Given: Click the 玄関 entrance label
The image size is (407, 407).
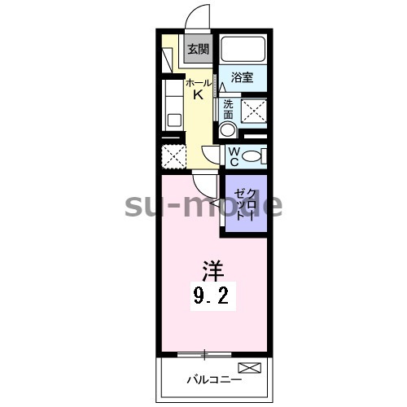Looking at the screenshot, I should (x=198, y=49).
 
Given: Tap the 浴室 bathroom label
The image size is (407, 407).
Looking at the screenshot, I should (x=241, y=79).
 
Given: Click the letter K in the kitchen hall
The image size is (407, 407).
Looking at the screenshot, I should (x=197, y=95).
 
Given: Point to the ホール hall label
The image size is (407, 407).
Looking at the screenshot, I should (x=197, y=83).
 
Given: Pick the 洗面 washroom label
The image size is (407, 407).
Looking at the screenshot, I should (x=228, y=109).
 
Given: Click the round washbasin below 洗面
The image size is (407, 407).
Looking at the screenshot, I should (x=228, y=130).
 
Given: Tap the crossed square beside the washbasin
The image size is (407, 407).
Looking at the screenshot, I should (x=256, y=110).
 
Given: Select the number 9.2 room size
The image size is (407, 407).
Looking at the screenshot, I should (x=215, y=296).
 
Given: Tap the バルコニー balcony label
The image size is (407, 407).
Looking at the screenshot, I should (x=213, y=379).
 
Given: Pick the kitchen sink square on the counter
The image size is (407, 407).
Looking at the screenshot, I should (x=174, y=119).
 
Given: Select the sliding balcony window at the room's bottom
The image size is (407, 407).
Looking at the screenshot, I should (x=204, y=353).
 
